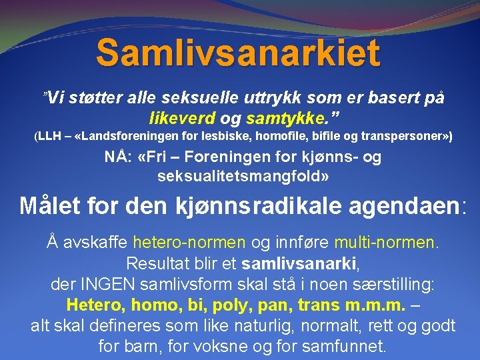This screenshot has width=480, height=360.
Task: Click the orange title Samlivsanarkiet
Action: (238, 53)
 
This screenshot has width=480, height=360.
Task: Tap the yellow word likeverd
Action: (182, 118)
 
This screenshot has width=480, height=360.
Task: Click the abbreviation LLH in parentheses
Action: (49, 137)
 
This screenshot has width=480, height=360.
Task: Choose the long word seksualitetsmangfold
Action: (239, 177)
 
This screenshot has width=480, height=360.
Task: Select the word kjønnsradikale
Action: (250, 205)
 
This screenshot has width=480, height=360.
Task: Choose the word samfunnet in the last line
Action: (344, 347)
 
